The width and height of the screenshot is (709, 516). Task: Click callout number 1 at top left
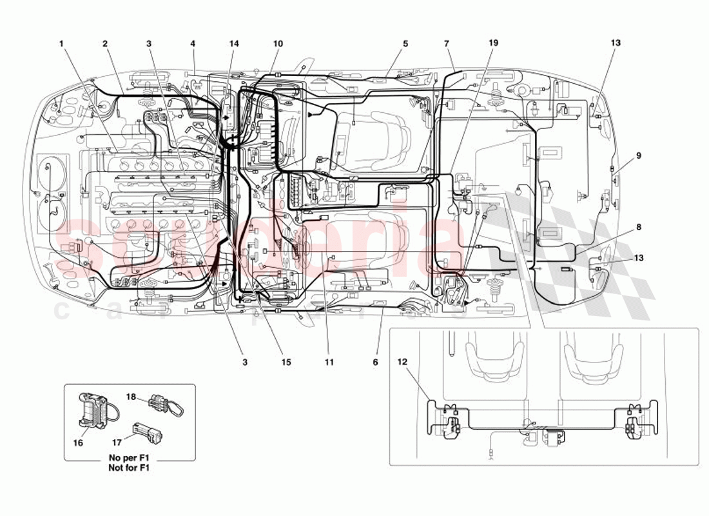click(x=61, y=44)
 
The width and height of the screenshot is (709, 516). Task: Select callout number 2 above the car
click(x=104, y=44)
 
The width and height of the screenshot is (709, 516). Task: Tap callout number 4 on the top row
click(x=193, y=44)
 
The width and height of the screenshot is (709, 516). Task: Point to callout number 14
click(x=234, y=44)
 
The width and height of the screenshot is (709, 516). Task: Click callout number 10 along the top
click(x=278, y=44)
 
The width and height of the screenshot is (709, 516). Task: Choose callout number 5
click(x=405, y=44)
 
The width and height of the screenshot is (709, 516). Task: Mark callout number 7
click(x=446, y=44)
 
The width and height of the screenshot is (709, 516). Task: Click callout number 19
click(x=493, y=44)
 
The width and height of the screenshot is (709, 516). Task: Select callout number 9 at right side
click(x=639, y=155)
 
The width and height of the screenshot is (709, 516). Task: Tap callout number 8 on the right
click(x=639, y=227)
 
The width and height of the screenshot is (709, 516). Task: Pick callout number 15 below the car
click(x=286, y=362)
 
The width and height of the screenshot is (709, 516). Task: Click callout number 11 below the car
click(x=329, y=362)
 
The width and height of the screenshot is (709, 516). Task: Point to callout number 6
click(x=376, y=362)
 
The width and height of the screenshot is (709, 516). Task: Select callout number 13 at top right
click(x=616, y=44)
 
